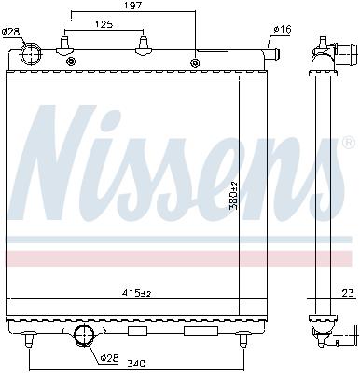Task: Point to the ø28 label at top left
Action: tap(11, 32)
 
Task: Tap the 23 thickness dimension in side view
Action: tap(347, 295)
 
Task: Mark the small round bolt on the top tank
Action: tap(195, 63)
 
